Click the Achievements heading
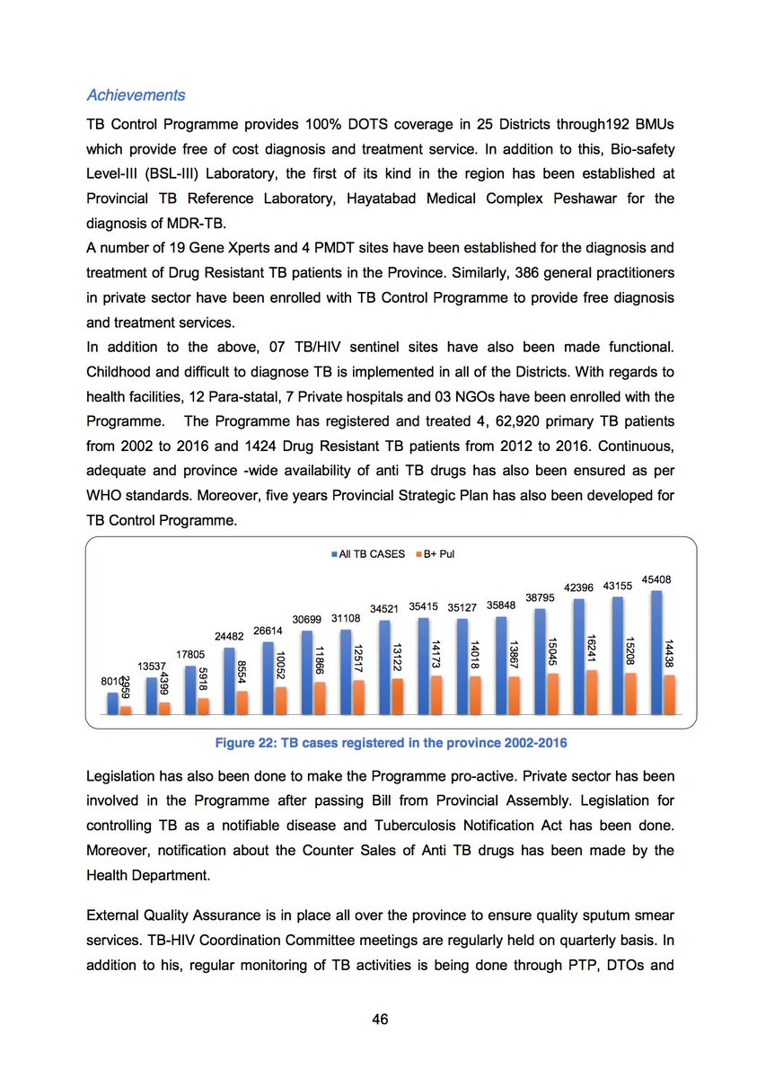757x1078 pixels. [x=136, y=95]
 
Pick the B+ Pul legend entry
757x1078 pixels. [x=438, y=554]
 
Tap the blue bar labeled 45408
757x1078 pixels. [x=656, y=651]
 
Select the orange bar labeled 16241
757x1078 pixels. [x=593, y=692]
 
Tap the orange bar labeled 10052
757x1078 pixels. [x=281, y=700]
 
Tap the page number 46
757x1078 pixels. [x=378, y=1020]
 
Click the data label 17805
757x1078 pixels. [x=192, y=655]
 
